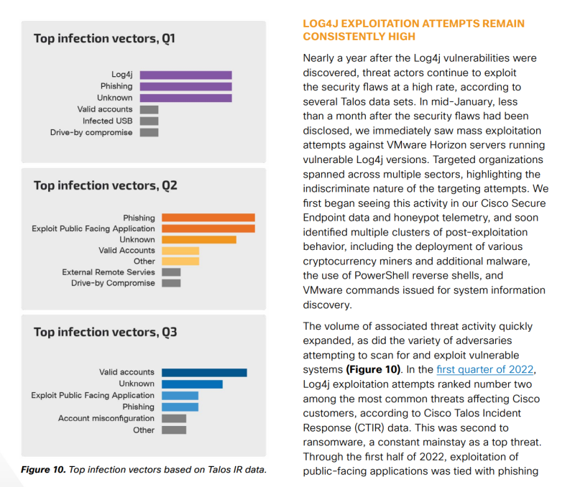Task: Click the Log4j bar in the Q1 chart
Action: click(x=185, y=75)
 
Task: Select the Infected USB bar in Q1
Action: click(x=149, y=121)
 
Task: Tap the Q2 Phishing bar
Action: click(x=208, y=218)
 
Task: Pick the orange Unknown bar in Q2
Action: click(x=199, y=240)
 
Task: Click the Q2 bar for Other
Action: click(x=180, y=261)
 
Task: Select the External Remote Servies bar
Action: click(x=171, y=272)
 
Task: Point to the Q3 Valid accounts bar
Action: click(x=204, y=373)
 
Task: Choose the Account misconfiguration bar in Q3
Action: click(x=174, y=419)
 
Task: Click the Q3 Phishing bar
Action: click(x=180, y=407)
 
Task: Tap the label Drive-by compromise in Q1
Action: click(x=91, y=133)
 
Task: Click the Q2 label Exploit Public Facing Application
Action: click(x=93, y=228)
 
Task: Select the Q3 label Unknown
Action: click(x=137, y=384)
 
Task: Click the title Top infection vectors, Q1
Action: click(x=104, y=39)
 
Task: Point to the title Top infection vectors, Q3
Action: click(x=105, y=332)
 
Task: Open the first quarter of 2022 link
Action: click(x=484, y=369)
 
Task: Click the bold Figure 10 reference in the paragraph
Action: click(x=373, y=369)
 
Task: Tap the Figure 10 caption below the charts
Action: click(x=144, y=470)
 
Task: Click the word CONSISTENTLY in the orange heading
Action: click(x=359, y=37)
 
